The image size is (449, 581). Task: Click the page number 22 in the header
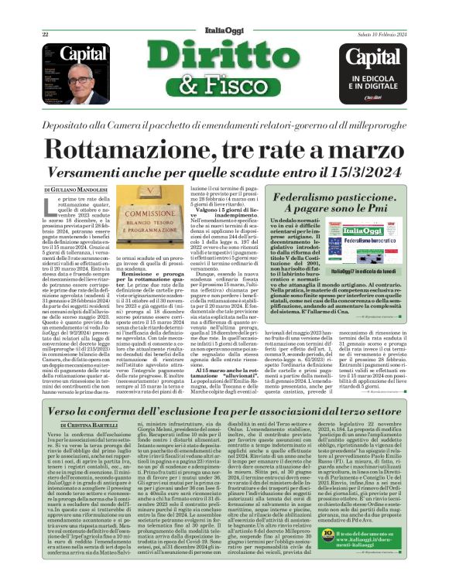click(x=45, y=34)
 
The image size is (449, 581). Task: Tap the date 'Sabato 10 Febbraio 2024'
click(x=380, y=34)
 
